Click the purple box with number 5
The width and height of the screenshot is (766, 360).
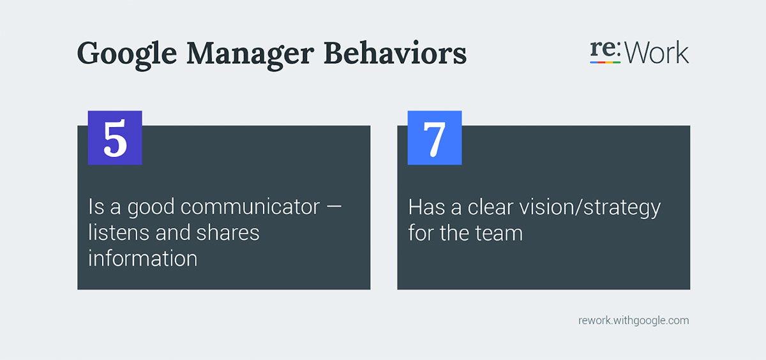click(115, 138)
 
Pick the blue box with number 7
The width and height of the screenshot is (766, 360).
click(435, 138)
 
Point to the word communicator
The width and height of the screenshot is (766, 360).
click(250, 207)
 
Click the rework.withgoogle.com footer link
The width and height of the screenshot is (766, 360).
click(633, 320)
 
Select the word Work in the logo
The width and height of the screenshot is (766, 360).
click(657, 54)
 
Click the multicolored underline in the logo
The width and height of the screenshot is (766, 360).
click(605, 63)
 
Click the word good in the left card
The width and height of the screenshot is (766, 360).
click(152, 207)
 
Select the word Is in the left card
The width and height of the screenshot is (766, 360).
click(96, 207)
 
